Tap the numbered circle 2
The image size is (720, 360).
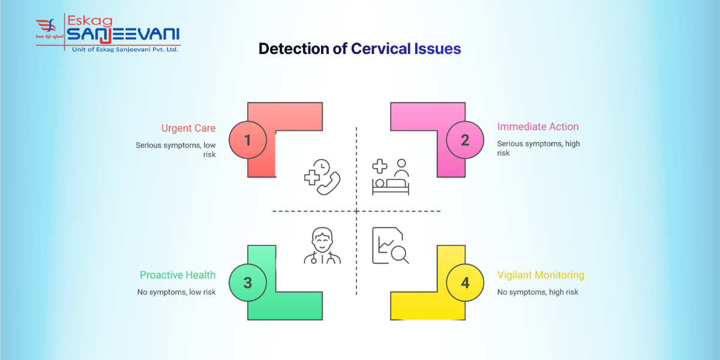pyautogui.click(x=465, y=140)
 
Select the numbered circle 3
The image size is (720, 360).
pyautogui.click(x=248, y=283)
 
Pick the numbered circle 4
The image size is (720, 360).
pyautogui.click(x=465, y=283)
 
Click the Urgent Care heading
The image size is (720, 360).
pyautogui.click(x=188, y=128)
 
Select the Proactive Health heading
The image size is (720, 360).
pyautogui.click(x=178, y=275)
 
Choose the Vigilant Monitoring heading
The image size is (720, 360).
pyautogui.click(x=541, y=275)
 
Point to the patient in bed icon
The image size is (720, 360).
pyautogui.click(x=391, y=177)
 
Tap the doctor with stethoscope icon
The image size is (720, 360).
pyautogui.click(x=322, y=246)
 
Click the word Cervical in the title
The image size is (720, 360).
pyautogui.click(x=381, y=49)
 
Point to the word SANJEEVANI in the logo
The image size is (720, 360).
pyautogui.click(x=123, y=35)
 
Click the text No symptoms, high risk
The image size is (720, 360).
pyautogui.click(x=538, y=292)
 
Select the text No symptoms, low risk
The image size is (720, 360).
pyautogui.click(x=176, y=292)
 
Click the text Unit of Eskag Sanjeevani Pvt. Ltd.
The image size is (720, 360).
pyautogui.click(x=125, y=49)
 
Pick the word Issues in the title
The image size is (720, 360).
pyautogui.click(x=437, y=49)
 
